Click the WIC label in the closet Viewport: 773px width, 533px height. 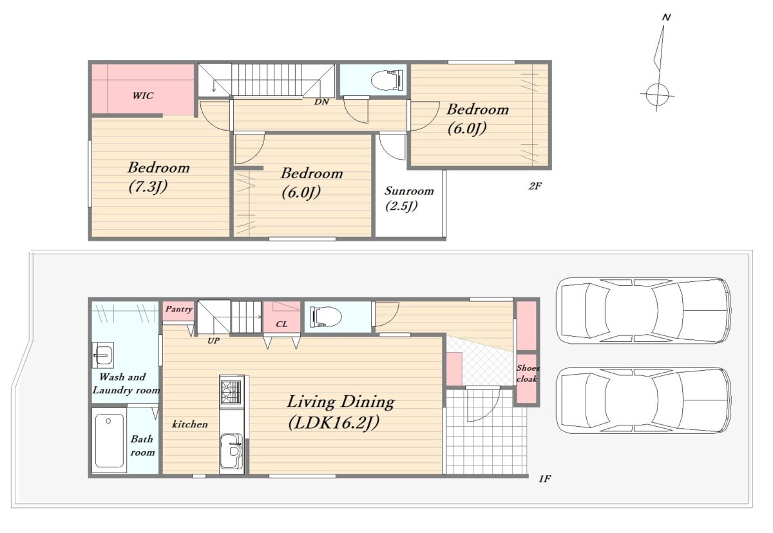pyautogui.click(x=143, y=95)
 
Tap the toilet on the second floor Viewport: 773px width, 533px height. pyautogui.click(x=387, y=80)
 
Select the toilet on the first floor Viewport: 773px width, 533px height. pyautogui.click(x=326, y=317)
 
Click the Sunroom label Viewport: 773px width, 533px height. pyautogui.click(x=409, y=191)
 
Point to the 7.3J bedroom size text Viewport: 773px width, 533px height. pyautogui.click(x=148, y=187)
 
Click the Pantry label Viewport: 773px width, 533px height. pyautogui.click(x=179, y=309)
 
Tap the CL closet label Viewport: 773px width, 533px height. pyautogui.click(x=282, y=324)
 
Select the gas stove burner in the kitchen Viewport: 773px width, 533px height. pyautogui.click(x=231, y=391)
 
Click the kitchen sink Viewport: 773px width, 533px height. pyautogui.click(x=231, y=451)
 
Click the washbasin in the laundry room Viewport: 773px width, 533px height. pyautogui.click(x=103, y=355)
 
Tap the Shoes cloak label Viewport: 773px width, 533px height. pyautogui.click(x=528, y=373)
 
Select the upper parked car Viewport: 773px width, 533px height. pyautogui.click(x=644, y=311)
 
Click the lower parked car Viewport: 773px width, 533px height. pyautogui.click(x=644, y=400)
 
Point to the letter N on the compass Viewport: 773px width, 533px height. pyautogui.click(x=666, y=17)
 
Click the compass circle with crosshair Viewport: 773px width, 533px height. pyautogui.click(x=657, y=95)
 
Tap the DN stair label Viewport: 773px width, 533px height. pyautogui.click(x=321, y=102)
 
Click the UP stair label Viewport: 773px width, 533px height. pyautogui.click(x=213, y=341)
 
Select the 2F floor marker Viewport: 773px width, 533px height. pyautogui.click(x=535, y=186)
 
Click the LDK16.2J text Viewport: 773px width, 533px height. pyautogui.click(x=334, y=423)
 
